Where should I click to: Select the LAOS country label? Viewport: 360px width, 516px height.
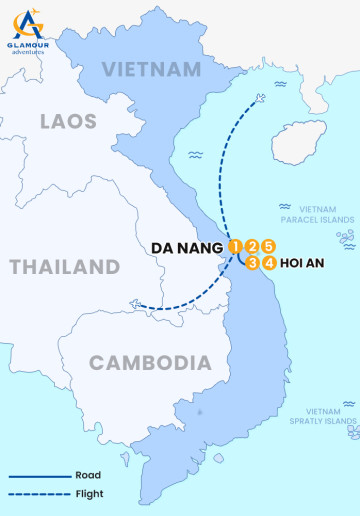[x=68, y=122]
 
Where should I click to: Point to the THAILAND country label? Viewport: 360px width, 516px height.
[x=65, y=267]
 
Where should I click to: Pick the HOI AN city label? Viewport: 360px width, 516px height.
[x=305, y=263]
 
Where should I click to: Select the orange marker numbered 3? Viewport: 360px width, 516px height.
[x=253, y=263]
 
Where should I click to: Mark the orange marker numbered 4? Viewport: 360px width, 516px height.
[x=270, y=263]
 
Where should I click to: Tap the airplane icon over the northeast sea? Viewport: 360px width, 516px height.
[x=262, y=98]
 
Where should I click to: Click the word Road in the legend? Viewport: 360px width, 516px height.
[x=88, y=476]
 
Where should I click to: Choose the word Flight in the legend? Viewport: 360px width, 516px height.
[x=89, y=493]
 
